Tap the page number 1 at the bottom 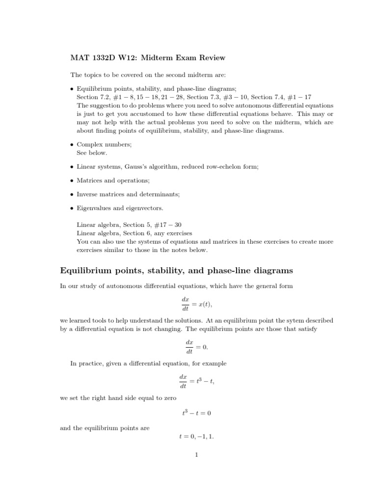tap(196, 455)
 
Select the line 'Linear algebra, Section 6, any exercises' tap(135, 233)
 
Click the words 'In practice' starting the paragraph tap(86, 363)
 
